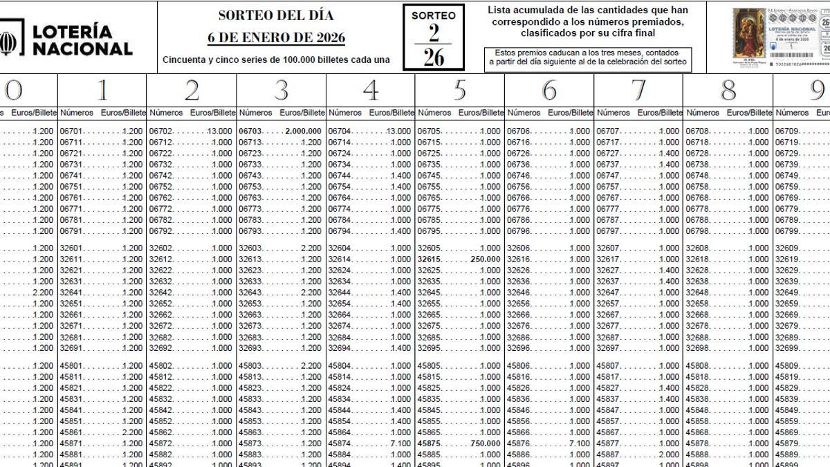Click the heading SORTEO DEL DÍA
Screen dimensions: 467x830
pyautogui.click(x=276, y=15)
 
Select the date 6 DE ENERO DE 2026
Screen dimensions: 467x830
pyautogui.click(x=276, y=37)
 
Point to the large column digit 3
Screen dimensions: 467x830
pyautogui.click(x=281, y=90)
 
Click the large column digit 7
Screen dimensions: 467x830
pyautogui.click(x=638, y=90)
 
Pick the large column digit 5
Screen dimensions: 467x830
pyautogui.click(x=460, y=90)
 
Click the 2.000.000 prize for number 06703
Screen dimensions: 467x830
pyautogui.click(x=304, y=131)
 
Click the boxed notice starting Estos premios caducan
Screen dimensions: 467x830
pyautogui.click(x=588, y=57)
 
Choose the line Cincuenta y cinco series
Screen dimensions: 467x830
pyautogui.click(x=276, y=59)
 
